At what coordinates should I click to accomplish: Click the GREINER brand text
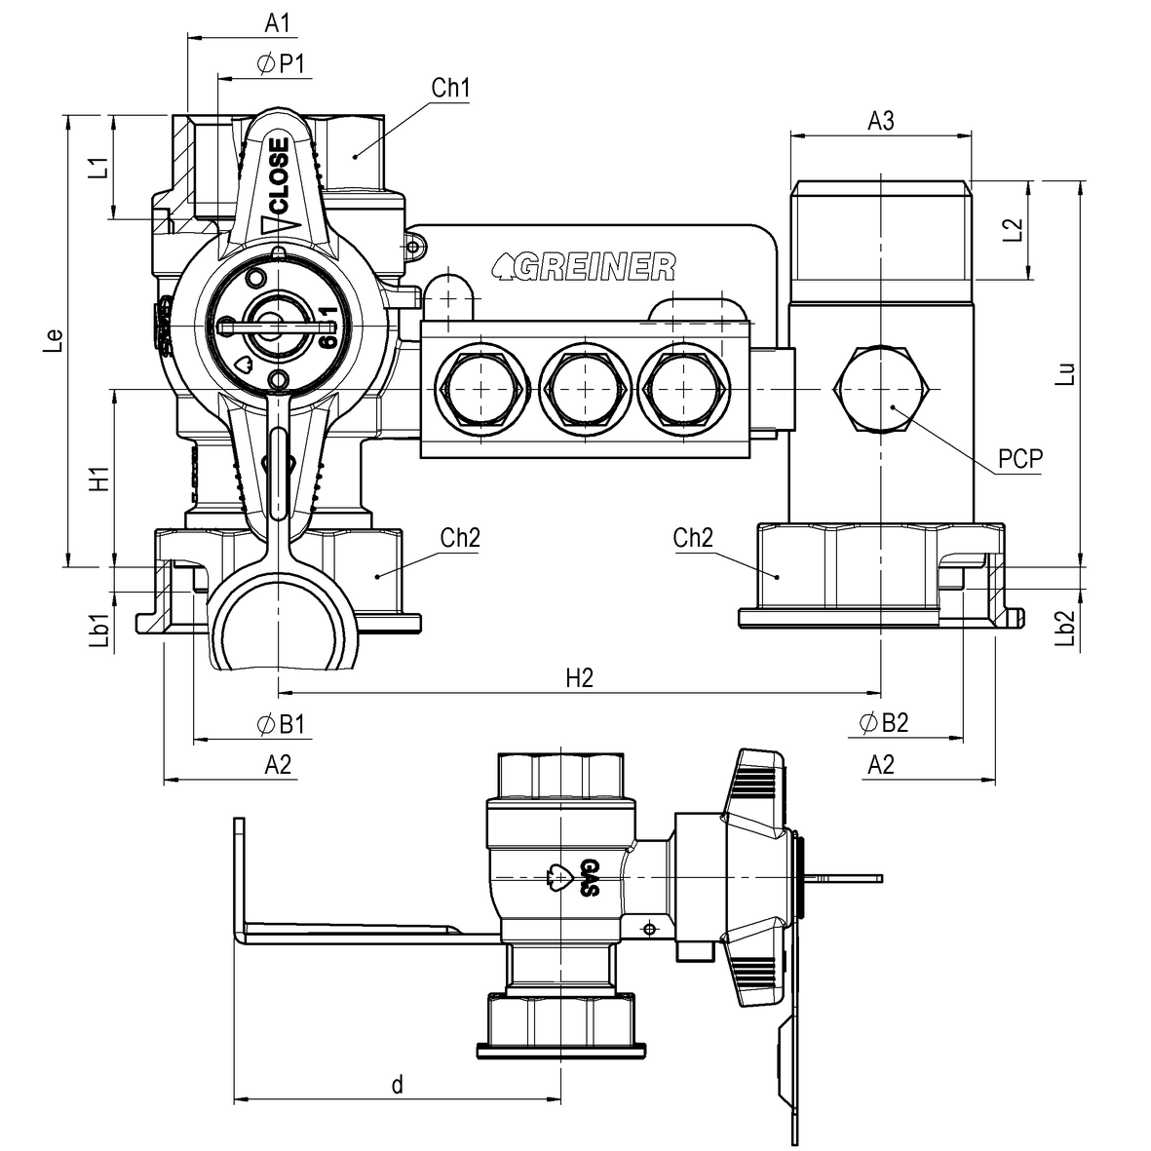(584, 267)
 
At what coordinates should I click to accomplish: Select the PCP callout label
(1019, 459)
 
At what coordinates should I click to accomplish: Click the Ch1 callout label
(450, 88)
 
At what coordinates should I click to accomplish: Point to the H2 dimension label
(579, 678)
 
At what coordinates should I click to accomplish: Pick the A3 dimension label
(881, 121)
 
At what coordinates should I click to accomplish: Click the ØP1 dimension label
(281, 64)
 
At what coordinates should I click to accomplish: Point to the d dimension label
(397, 1084)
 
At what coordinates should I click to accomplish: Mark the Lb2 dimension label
(1065, 629)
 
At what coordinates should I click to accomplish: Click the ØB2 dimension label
(884, 723)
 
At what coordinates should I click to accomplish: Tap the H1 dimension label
(99, 479)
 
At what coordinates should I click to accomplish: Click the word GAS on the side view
(590, 877)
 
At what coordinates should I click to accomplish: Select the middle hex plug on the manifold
(585, 389)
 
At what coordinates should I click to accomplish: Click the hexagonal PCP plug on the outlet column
(881, 389)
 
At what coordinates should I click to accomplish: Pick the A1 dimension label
(278, 23)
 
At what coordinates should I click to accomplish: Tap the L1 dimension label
(99, 168)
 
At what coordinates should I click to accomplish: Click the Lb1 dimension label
(99, 630)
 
